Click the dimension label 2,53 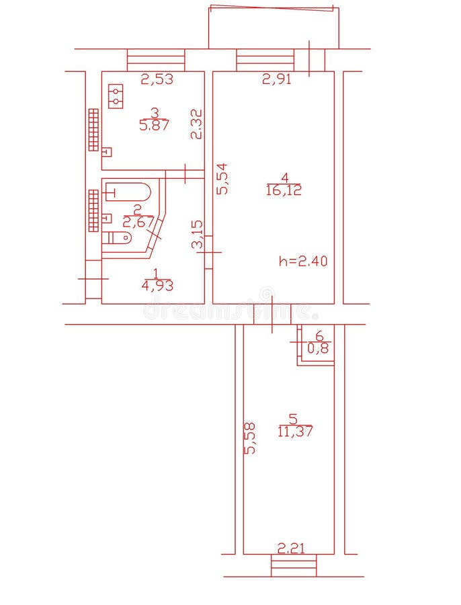157,79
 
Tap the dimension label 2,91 277,79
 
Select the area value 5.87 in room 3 154,124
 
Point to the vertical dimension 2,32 196,124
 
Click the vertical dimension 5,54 222,179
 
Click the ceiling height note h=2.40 303,261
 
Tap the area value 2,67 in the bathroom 138,222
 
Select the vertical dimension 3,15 197,235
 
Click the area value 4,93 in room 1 157,285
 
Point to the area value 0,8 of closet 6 319,348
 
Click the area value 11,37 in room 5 295,432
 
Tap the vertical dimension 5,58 250,438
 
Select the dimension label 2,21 291,549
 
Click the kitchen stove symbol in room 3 116,96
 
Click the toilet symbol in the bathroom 118,237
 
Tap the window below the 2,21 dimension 294,565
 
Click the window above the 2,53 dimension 156,60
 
